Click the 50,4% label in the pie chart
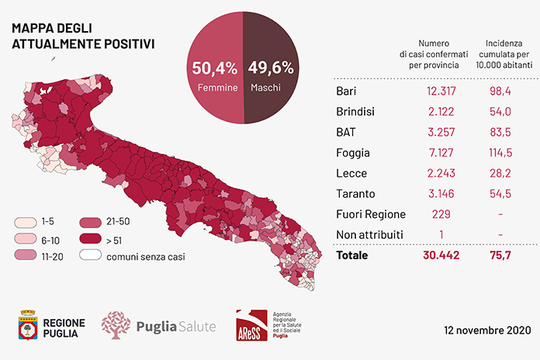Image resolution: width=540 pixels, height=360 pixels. click(215, 67)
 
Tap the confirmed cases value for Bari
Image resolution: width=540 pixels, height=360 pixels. click(441, 91)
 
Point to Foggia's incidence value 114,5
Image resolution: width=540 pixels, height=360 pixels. click(500, 153)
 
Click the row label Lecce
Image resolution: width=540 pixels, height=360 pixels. click(351, 173)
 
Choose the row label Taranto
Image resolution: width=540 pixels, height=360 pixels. click(355, 194)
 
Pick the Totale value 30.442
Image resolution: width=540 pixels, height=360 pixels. click(441, 255)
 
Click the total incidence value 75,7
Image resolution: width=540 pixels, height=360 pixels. click(500, 255)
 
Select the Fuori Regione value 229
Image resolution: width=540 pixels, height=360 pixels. click(441, 214)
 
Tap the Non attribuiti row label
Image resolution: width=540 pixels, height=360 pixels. click(369, 234)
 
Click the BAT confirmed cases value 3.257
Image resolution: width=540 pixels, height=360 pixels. click(441, 132)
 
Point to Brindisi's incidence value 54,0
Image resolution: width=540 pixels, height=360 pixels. click(500, 112)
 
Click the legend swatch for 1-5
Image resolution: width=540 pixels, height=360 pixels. click(26, 222)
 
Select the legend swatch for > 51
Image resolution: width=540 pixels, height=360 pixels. click(91, 238)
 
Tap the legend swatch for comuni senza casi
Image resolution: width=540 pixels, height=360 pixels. click(91, 255)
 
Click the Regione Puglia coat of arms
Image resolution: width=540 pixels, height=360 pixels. click(28, 325)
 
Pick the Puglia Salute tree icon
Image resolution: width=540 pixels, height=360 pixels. click(116, 325)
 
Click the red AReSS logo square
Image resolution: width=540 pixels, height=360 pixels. click(251, 325)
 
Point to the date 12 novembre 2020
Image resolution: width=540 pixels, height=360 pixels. click(487, 330)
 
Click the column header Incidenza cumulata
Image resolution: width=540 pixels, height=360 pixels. click(504, 49)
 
